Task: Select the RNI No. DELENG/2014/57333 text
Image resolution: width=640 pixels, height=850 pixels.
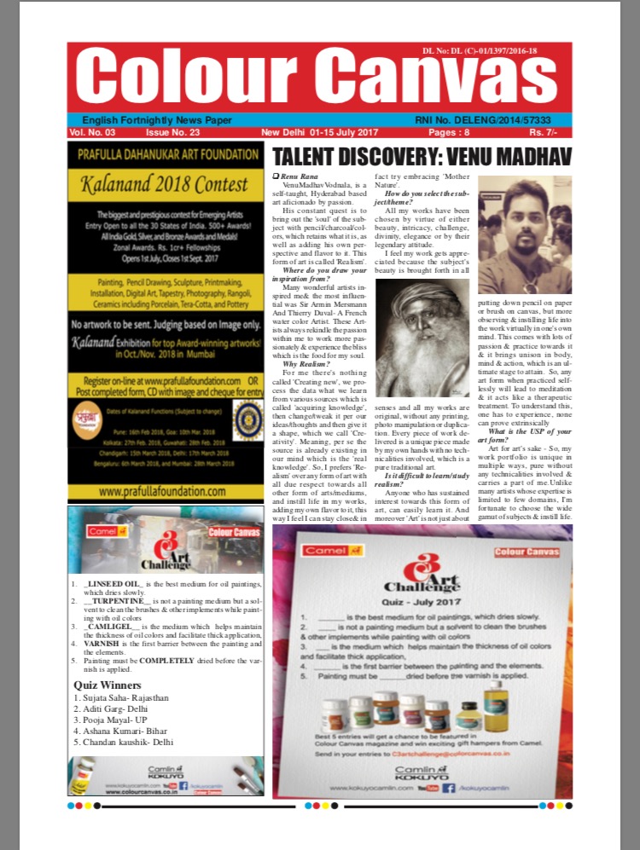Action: [x=494, y=120]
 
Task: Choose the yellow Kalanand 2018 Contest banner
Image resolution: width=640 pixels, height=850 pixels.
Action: [x=165, y=182]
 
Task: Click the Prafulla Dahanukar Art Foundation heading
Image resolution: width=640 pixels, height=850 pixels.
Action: [x=165, y=154]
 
